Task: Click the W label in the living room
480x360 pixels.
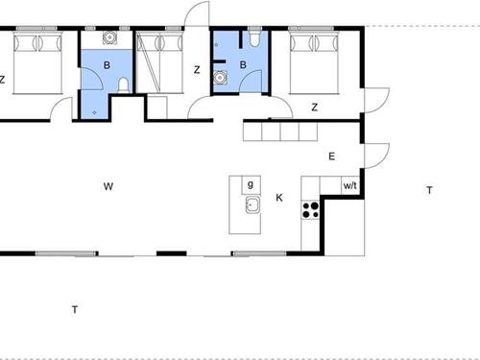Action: point(109,186)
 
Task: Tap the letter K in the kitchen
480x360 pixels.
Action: point(279,198)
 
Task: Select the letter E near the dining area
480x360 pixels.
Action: point(332,156)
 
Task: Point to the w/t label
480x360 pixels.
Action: point(351,186)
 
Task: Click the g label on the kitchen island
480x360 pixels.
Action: point(250,183)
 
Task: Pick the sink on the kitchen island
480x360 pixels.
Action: point(252,204)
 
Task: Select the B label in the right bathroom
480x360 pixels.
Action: point(243,65)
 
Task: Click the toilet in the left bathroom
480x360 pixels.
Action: point(123,87)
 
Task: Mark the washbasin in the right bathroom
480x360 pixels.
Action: point(220,80)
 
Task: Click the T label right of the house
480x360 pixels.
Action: point(428,190)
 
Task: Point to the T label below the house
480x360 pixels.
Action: point(75,308)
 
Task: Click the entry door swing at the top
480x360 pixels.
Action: point(195,17)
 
